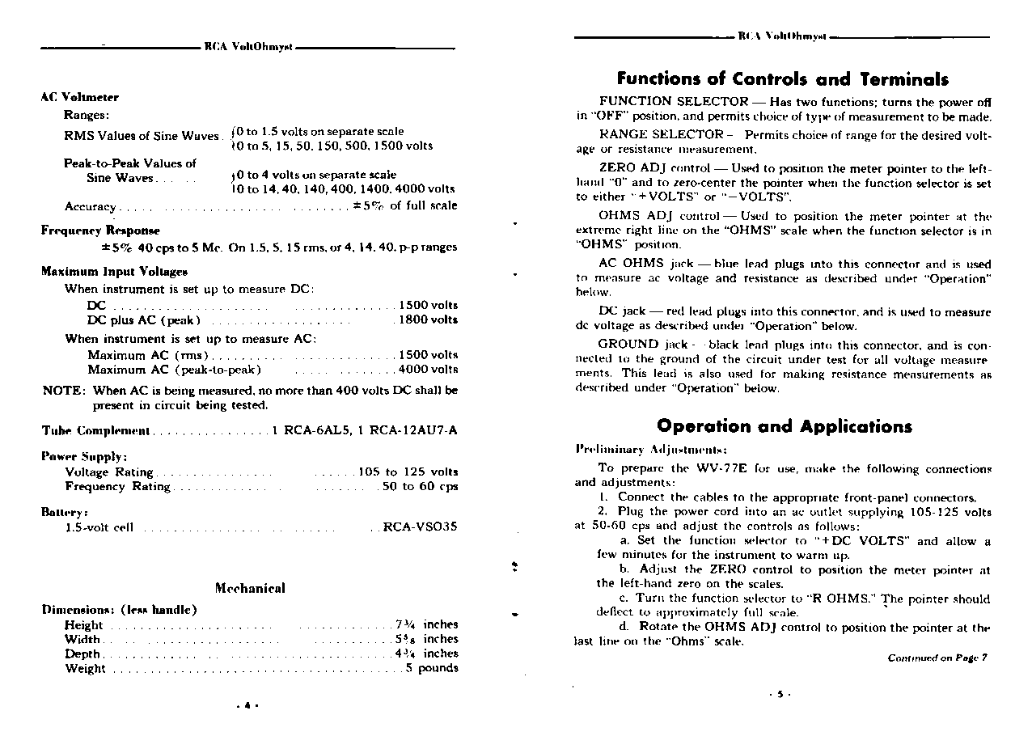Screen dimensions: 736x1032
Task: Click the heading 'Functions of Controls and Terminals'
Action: tap(782, 79)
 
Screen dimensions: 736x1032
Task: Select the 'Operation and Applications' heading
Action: tap(784, 426)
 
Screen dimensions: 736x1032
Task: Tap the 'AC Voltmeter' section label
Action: tap(79, 97)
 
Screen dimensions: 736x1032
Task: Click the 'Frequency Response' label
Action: tap(100, 231)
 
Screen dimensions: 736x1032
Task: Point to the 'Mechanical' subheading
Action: tap(250, 588)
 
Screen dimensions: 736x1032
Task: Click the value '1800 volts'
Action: tap(428, 319)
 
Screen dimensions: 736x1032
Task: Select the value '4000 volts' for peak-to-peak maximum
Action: tap(428, 370)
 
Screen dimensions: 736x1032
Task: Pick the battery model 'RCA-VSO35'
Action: tap(420, 527)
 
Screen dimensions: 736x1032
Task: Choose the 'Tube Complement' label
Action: tap(95, 430)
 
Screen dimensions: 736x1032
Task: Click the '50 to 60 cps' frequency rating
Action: tap(420, 486)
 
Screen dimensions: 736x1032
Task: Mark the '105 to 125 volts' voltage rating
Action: tap(408, 472)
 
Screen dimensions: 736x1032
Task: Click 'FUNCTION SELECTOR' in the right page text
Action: tap(673, 101)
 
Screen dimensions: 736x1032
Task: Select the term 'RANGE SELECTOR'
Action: tap(661, 134)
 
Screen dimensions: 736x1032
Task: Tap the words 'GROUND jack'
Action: tap(643, 344)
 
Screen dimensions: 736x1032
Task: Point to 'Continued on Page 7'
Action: tap(937, 658)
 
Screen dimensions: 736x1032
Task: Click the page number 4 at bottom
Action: tap(247, 704)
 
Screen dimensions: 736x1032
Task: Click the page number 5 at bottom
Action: tap(780, 695)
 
